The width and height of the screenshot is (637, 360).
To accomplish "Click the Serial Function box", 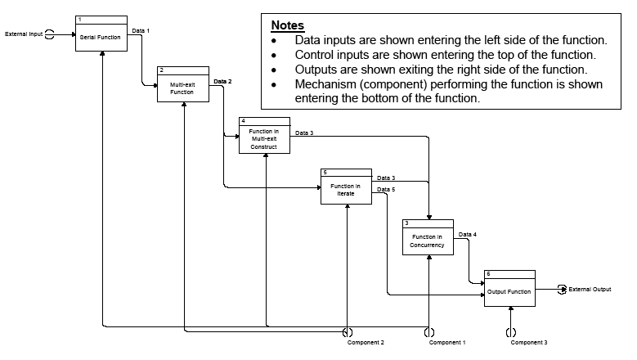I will (101, 38).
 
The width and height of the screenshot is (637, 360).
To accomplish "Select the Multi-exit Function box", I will (182, 88).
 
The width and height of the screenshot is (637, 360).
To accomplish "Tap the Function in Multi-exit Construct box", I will (264, 139).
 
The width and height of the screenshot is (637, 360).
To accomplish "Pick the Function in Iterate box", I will (345, 190).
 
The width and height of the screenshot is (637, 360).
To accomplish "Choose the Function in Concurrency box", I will (428, 241).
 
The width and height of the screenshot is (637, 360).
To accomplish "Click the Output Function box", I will (509, 291).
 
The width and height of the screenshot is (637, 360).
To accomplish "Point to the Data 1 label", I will (141, 30).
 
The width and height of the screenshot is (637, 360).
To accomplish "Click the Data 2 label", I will (222, 82).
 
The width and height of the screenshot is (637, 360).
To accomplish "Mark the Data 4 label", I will (468, 235).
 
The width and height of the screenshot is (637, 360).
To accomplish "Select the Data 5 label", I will (386, 190).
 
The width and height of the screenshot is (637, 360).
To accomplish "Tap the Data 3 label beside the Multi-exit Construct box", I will (304, 133).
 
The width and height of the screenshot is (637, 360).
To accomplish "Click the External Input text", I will (24, 34).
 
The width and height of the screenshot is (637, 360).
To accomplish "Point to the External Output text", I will (590, 289).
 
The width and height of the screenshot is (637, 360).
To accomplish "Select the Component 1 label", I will (447, 343).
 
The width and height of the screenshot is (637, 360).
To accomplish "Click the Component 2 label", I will (366, 343).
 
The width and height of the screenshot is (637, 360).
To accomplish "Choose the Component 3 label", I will (529, 343).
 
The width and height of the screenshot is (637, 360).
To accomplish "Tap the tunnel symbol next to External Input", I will (51, 34).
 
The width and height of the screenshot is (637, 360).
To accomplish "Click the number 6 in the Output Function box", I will (488, 273).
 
